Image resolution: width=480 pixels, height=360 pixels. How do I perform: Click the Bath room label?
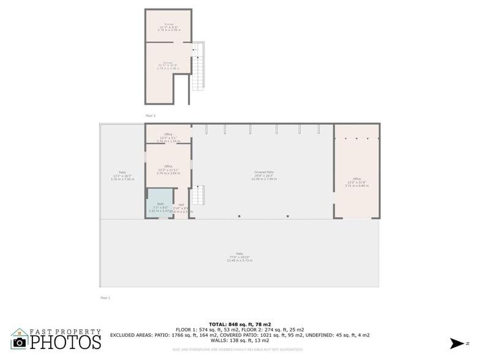(x=160, y=204)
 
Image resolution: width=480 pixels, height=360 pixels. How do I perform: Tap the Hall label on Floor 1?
(x=181, y=205)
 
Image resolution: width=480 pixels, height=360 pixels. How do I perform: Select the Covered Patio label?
(x=264, y=173)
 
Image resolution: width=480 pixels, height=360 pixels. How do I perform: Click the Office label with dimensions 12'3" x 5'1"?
(x=168, y=135)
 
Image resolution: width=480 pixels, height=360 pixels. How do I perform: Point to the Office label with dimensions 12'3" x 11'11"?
(x=168, y=167)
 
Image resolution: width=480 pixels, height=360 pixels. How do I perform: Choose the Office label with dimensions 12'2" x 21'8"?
(x=356, y=162)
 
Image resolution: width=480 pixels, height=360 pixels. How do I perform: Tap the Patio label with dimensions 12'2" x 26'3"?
(x=122, y=173)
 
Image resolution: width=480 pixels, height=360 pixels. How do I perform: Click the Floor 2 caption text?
(x=151, y=115)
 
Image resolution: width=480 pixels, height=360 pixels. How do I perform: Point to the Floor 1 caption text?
(x=105, y=298)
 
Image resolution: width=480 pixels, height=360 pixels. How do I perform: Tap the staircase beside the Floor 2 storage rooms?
(x=198, y=67)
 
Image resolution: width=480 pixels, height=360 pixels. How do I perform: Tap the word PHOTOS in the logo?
(x=66, y=342)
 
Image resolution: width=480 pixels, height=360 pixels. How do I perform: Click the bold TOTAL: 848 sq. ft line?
(x=239, y=324)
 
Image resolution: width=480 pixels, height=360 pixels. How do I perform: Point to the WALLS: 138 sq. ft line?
(x=239, y=340)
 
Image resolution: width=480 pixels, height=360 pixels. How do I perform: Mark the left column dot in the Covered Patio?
(x=239, y=216)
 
